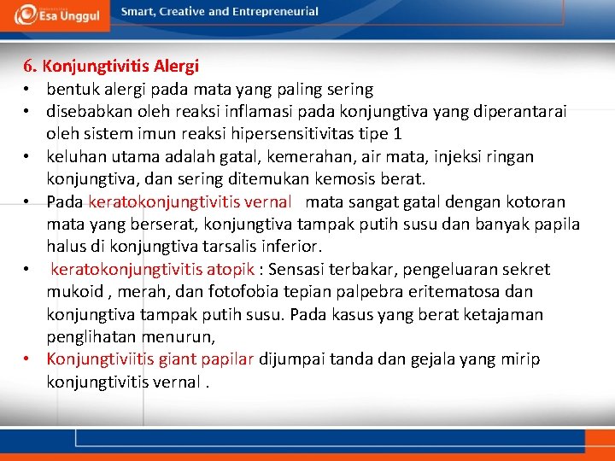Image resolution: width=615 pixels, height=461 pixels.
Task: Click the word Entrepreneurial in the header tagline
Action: pyautogui.click(x=275, y=12)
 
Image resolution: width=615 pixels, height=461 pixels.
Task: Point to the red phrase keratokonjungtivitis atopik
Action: pyautogui.click(x=153, y=270)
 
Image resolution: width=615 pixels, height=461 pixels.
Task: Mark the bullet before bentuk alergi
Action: pyautogui.click(x=27, y=90)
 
